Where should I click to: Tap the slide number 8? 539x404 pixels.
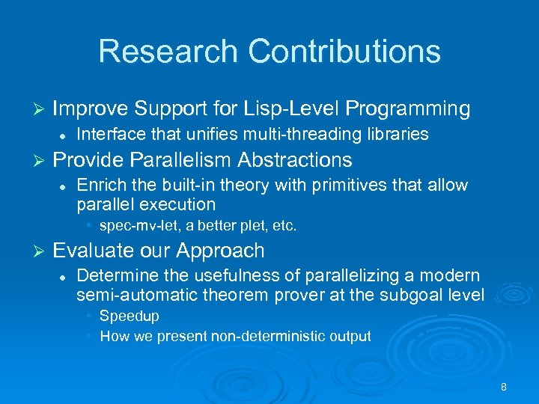(x=504, y=387)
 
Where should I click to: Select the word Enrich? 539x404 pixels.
(x=97, y=185)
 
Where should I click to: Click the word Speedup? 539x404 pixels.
(x=130, y=316)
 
